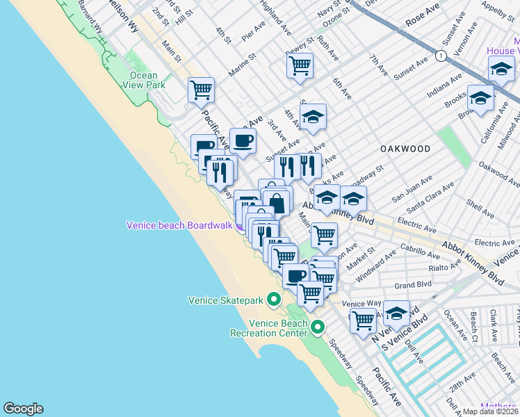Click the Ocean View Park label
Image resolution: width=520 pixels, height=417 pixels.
tap(143, 80)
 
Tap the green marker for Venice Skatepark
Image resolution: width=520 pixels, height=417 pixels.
tap(274, 301)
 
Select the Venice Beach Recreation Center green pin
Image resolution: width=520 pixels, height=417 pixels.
tap(318, 327)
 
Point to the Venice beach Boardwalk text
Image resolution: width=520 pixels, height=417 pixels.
tap(179, 225)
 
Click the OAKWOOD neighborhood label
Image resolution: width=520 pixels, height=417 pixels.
tap(405, 149)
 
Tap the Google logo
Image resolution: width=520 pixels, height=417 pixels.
tap(23, 409)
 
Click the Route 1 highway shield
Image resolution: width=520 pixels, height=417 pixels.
tap(439, 55)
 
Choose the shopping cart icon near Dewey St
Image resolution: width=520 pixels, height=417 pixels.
tap(300, 66)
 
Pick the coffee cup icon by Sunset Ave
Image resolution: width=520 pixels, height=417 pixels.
tap(243, 140)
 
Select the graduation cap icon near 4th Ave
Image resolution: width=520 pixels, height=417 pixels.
tap(314, 117)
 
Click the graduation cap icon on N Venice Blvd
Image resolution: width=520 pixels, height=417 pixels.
tap(396, 313)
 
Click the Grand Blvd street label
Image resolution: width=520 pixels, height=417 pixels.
tap(413, 285)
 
